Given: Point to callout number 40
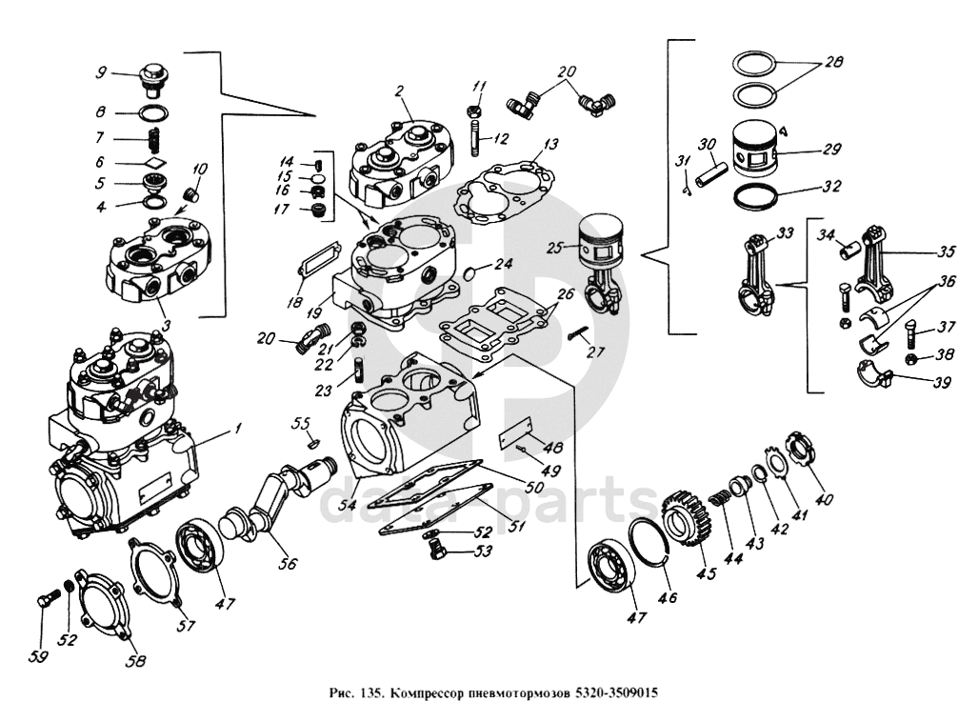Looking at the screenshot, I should pos(824,499).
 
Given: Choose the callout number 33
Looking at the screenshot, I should pos(785,232).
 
